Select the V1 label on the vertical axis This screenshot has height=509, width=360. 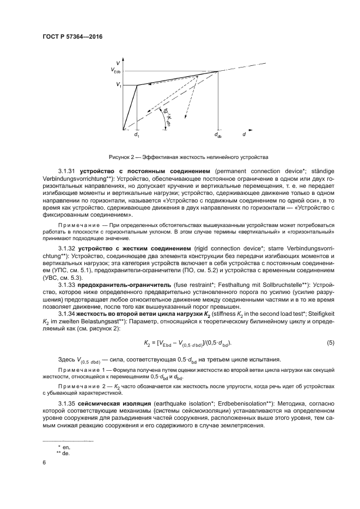tap(118, 85)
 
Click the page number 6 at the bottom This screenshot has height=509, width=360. tap(44, 463)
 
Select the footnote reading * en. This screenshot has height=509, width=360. tap(62, 446)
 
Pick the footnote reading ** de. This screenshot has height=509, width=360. tap(62, 452)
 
